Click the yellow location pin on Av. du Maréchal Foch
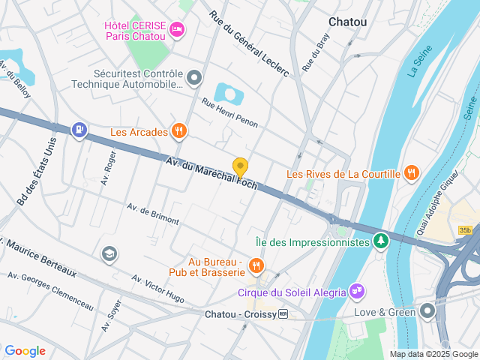pyautogui.click(x=240, y=167)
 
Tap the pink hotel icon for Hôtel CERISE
pyautogui.click(x=177, y=29)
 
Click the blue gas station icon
pyautogui.click(x=79, y=130)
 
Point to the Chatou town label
pyautogui.click(x=348, y=22)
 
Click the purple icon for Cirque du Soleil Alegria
pyautogui.click(x=356, y=292)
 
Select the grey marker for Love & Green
pyautogui.click(x=427, y=310)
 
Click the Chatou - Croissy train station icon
pyautogui.click(x=283, y=314)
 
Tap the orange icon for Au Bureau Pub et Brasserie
pyautogui.click(x=256, y=265)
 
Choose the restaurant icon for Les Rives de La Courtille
pyautogui.click(x=411, y=173)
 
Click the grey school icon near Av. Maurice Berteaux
pyautogui.click(x=109, y=253)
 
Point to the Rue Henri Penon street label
pyautogui.click(x=229, y=111)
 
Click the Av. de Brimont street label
pyautogui.click(x=153, y=214)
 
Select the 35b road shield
pyautogui.click(x=466, y=230)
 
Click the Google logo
pyautogui.click(x=25, y=350)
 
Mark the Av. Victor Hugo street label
pyautogui.click(x=157, y=289)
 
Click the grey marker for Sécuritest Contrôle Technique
pyautogui.click(x=194, y=78)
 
